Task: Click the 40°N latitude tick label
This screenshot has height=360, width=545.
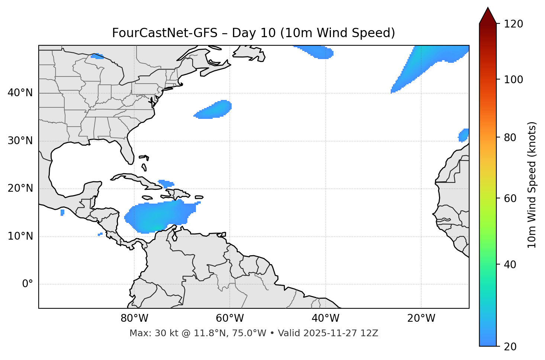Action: pyautogui.click(x=20, y=93)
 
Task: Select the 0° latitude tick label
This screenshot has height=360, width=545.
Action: pyautogui.click(x=27, y=284)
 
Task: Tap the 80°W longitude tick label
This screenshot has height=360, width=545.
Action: pyautogui.click(x=134, y=318)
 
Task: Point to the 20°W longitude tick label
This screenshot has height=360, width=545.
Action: pyautogui.click(x=421, y=318)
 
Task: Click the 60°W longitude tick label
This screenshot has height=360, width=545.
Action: pyautogui.click(x=230, y=318)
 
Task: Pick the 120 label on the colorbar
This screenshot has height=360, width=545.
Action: pyautogui.click(x=513, y=24)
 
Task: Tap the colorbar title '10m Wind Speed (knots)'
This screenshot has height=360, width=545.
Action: pyautogui.click(x=532, y=185)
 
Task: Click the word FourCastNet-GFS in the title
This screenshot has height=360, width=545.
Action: pyautogui.click(x=164, y=33)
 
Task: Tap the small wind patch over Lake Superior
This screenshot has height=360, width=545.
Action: pyautogui.click(x=97, y=56)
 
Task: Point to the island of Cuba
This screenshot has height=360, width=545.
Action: pyautogui.click(x=134, y=179)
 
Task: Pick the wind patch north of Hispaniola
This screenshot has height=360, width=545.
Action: pyautogui.click(x=165, y=184)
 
